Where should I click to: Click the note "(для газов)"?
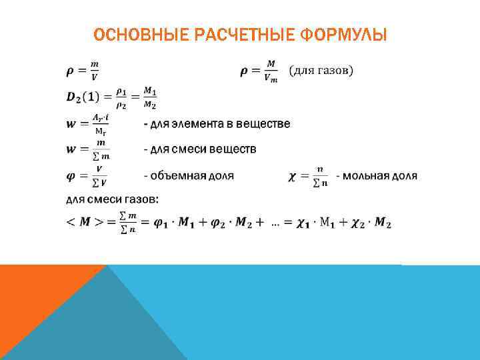[x=321, y=69]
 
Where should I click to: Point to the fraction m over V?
[x=95, y=69]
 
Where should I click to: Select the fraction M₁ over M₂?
[x=150, y=97]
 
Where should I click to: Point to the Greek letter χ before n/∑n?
[x=293, y=177]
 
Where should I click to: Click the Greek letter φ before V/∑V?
[x=70, y=177]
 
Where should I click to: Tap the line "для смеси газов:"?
[x=112, y=198]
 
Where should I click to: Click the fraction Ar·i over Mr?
[x=100, y=124]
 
